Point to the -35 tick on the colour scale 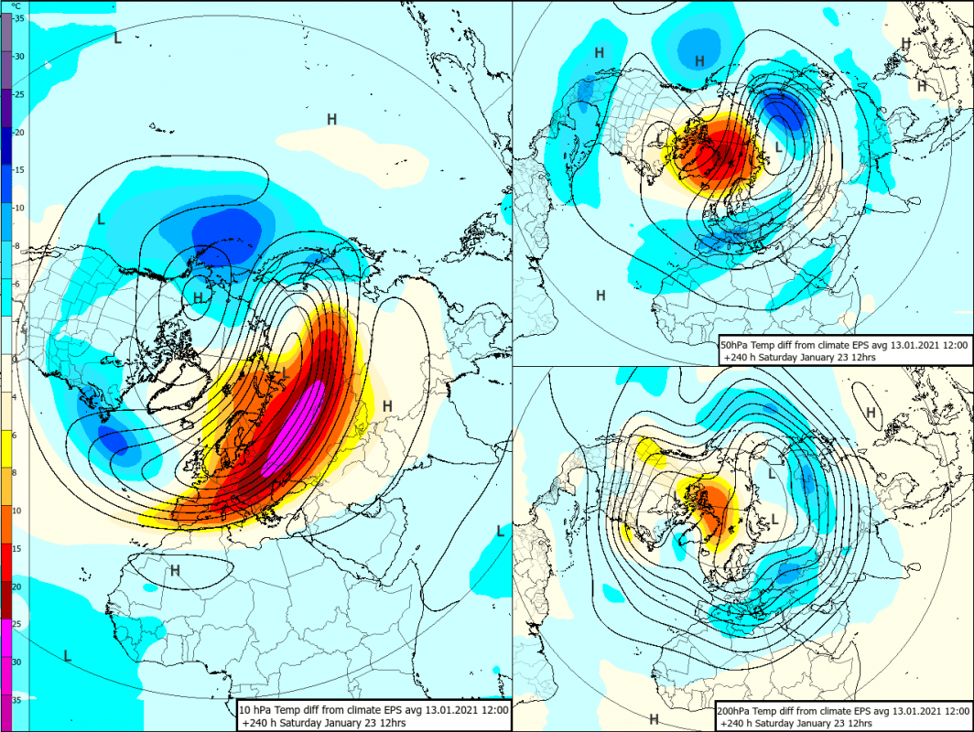coord(17,18)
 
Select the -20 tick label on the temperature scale coord(17,132)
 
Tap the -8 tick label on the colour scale coord(17,246)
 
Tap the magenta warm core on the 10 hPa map coord(294,427)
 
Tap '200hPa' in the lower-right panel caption coord(739,710)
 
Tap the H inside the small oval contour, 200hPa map coord(871,413)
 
